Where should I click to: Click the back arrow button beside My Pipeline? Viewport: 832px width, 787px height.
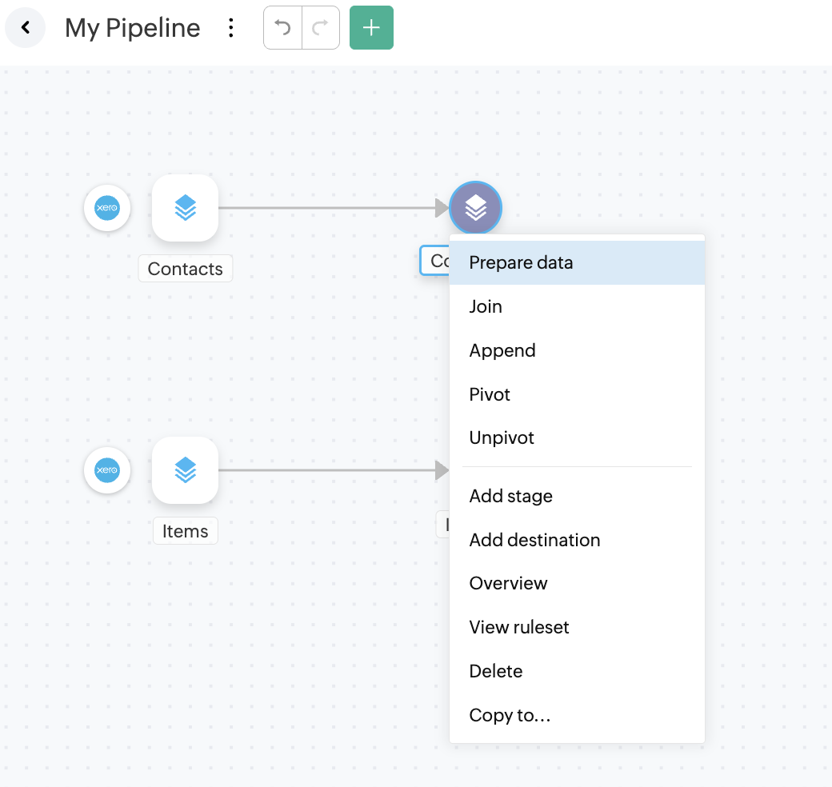point(26,28)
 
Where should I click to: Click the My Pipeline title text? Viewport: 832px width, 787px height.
point(133,28)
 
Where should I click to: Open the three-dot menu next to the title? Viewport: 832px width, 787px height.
point(231,28)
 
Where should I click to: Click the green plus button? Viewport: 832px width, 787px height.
point(371,28)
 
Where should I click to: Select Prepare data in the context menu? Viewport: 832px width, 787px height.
point(521,262)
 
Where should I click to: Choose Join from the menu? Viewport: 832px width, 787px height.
point(486,306)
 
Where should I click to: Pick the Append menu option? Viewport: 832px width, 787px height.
point(502,350)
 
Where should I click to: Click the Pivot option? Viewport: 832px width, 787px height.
point(490,394)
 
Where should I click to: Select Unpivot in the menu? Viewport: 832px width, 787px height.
point(502,437)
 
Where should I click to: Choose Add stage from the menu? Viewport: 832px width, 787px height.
point(510,496)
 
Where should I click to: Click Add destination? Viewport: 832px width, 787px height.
point(534,540)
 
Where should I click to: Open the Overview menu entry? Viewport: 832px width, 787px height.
point(508,583)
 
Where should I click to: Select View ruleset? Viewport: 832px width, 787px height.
point(519,627)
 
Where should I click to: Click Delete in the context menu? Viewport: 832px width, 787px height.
point(496,671)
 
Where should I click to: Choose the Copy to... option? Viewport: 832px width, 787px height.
point(510,715)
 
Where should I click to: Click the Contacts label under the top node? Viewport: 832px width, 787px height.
point(186,269)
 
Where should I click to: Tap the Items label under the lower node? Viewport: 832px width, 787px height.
point(186,531)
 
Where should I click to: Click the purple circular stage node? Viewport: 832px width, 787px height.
point(475,208)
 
